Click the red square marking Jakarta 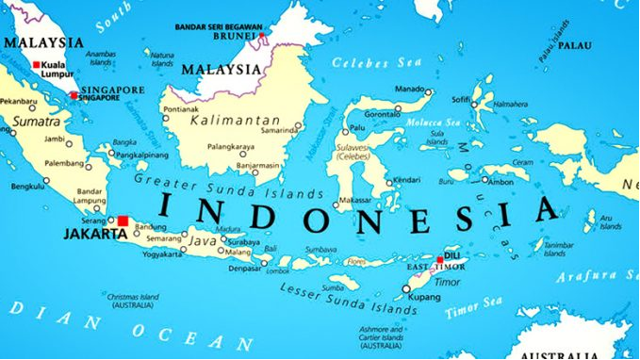123,221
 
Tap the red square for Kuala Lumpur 37,65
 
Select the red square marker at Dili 439,259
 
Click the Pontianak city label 180,109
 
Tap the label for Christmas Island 135,299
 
